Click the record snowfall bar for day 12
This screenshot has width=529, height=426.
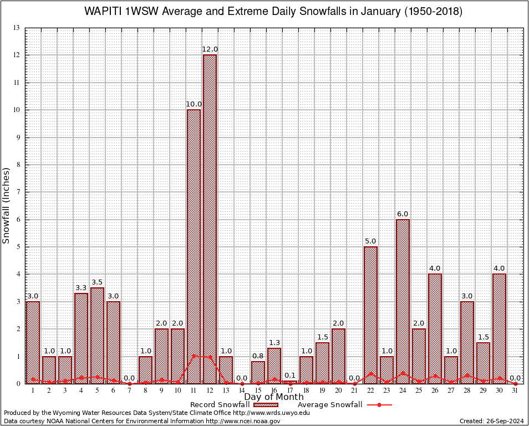click(210, 219)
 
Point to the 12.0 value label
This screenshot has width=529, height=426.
click(210, 49)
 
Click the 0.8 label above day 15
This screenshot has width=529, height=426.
click(258, 356)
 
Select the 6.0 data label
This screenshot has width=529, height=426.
click(403, 214)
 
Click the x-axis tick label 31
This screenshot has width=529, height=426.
click(515, 390)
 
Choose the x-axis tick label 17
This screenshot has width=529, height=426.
click(290, 390)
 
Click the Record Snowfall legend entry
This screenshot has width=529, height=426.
click(220, 405)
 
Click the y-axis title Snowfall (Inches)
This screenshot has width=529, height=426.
click(7, 205)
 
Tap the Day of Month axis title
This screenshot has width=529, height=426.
click(274, 397)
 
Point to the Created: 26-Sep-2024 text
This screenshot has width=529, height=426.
click(491, 421)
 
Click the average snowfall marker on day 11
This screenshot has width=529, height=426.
click(194, 356)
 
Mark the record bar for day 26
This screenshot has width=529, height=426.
click(435, 327)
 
